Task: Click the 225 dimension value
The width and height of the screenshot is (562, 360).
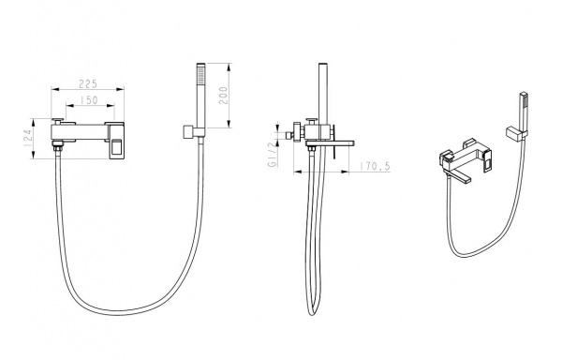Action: coord(88,83)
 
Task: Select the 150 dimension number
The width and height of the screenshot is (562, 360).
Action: coord(89,100)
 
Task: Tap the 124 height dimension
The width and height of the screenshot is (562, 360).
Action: coord(28,138)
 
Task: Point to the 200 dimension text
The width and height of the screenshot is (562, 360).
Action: coord(223,95)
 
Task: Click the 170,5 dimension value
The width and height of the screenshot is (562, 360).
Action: coord(375,166)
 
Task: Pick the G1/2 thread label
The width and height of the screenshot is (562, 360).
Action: coord(272,154)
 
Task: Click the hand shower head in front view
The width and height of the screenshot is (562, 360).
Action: coord(200,96)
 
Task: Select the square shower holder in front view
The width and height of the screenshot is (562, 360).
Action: coord(189,131)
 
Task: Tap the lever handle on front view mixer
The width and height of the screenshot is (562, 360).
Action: coord(117,141)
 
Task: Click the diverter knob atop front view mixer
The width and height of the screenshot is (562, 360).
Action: coord(57,119)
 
